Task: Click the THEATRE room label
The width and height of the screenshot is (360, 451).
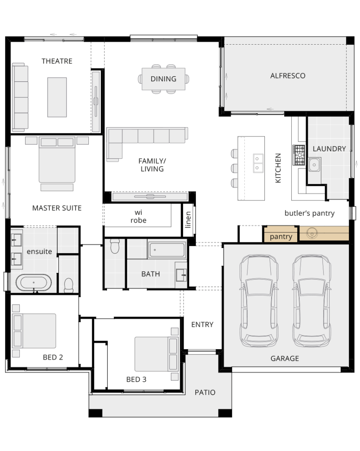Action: click(x=57, y=61)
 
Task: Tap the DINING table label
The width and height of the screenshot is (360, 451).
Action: click(x=163, y=79)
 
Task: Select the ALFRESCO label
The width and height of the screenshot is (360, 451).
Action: click(x=288, y=76)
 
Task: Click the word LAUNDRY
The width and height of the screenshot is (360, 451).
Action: click(x=329, y=149)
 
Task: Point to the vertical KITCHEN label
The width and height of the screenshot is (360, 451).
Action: click(x=278, y=168)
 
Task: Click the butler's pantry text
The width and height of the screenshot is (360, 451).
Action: click(x=309, y=213)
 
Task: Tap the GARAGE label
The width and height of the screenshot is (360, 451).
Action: click(x=285, y=358)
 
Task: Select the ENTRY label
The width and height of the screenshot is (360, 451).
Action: click(x=202, y=324)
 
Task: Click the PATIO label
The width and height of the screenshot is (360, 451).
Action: click(x=205, y=392)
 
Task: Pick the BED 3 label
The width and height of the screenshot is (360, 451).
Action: click(x=136, y=379)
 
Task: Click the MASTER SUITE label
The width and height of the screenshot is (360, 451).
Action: click(x=57, y=208)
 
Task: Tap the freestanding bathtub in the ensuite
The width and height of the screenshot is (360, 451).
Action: click(x=34, y=283)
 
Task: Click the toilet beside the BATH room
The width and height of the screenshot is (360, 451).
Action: click(x=115, y=246)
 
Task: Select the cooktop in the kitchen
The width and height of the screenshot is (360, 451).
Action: click(x=299, y=155)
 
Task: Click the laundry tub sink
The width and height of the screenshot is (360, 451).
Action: click(x=315, y=165)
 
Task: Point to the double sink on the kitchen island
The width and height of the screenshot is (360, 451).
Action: click(x=258, y=163)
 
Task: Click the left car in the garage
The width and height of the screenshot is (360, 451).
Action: click(x=259, y=301)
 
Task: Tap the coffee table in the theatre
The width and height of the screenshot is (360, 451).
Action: click(x=57, y=97)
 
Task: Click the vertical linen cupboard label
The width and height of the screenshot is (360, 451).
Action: click(x=188, y=220)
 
